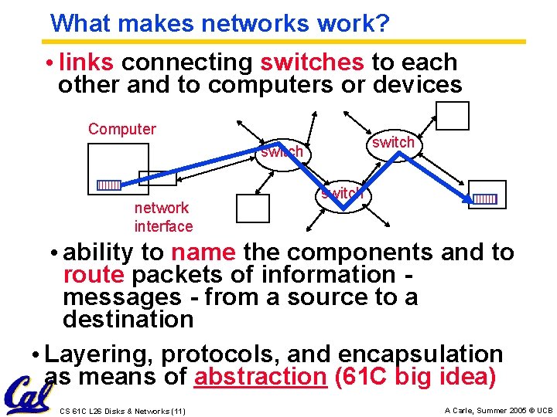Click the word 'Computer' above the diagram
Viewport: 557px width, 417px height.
pos(122,129)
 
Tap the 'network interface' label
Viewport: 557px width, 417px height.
pos(163,217)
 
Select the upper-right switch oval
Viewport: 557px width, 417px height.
pos(393,142)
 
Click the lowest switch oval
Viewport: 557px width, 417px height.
pos(342,194)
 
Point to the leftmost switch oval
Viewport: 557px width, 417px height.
pos(282,151)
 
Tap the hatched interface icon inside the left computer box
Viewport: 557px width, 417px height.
pos(108,185)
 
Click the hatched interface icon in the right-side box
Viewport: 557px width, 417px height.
pos(485,198)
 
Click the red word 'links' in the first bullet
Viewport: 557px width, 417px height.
pos(86,62)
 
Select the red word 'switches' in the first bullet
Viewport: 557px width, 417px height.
pos(312,62)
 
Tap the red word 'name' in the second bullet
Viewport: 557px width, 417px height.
pos(203,253)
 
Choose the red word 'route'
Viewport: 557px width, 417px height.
pos(94,275)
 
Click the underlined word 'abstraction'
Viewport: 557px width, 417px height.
pos(261,377)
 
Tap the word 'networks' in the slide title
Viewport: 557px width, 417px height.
pos(257,23)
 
